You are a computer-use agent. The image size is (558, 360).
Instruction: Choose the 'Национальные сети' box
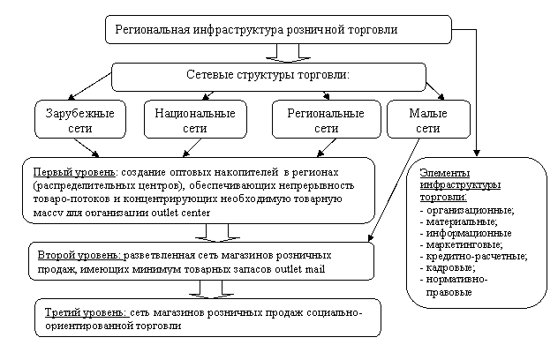pos(194,121)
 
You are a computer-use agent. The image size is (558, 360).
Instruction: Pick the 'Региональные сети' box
pos(326,121)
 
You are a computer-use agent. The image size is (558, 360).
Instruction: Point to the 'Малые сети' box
pos(427,121)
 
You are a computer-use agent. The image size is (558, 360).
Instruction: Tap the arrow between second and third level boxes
pos(209,289)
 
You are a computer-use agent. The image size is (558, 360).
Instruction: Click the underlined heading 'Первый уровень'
pos(74,170)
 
